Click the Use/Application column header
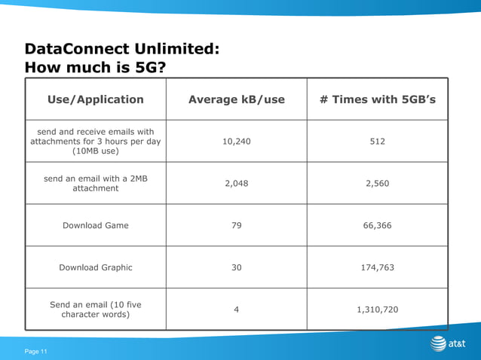tap(95, 99)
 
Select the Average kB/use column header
tap(236, 99)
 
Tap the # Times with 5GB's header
tap(378, 99)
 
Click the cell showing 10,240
tap(237, 141)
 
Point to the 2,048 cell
tap(237, 183)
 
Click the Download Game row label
tap(95, 225)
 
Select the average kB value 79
tap(237, 225)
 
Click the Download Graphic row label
tap(95, 267)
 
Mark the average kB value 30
tap(237, 267)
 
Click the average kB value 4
tap(237, 310)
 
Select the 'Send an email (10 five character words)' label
tap(95, 310)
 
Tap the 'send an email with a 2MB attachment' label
tap(95, 183)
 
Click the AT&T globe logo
tap(439, 344)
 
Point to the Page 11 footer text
tap(35, 351)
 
